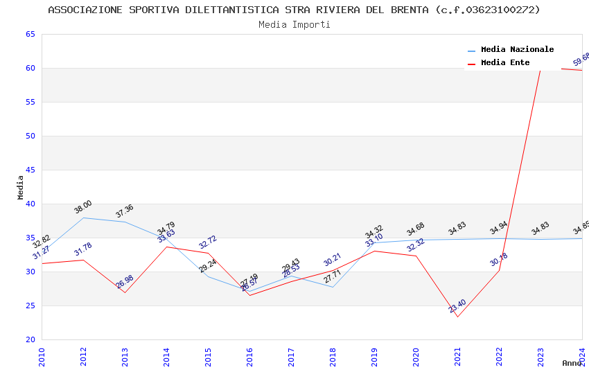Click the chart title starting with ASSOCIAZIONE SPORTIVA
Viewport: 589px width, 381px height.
coord(294,10)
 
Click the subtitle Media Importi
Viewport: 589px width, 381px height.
coord(294,24)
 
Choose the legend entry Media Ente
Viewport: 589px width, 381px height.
coord(505,62)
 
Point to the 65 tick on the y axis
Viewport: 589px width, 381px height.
coord(30,35)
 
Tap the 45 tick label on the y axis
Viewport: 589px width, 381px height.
coord(30,170)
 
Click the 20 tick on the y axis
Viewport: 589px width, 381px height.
coord(30,340)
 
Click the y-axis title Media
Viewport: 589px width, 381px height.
coord(20,187)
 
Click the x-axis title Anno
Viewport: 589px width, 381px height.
coord(572,363)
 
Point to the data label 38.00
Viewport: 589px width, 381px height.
coord(83,207)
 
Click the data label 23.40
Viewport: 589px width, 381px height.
coord(457,306)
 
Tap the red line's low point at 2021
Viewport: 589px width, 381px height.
coord(457,317)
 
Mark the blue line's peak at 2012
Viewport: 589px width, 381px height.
coord(83,218)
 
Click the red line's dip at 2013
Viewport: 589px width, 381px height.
coord(125,292)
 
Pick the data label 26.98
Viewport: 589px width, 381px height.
coord(125,282)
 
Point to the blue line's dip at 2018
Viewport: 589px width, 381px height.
coord(333,287)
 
